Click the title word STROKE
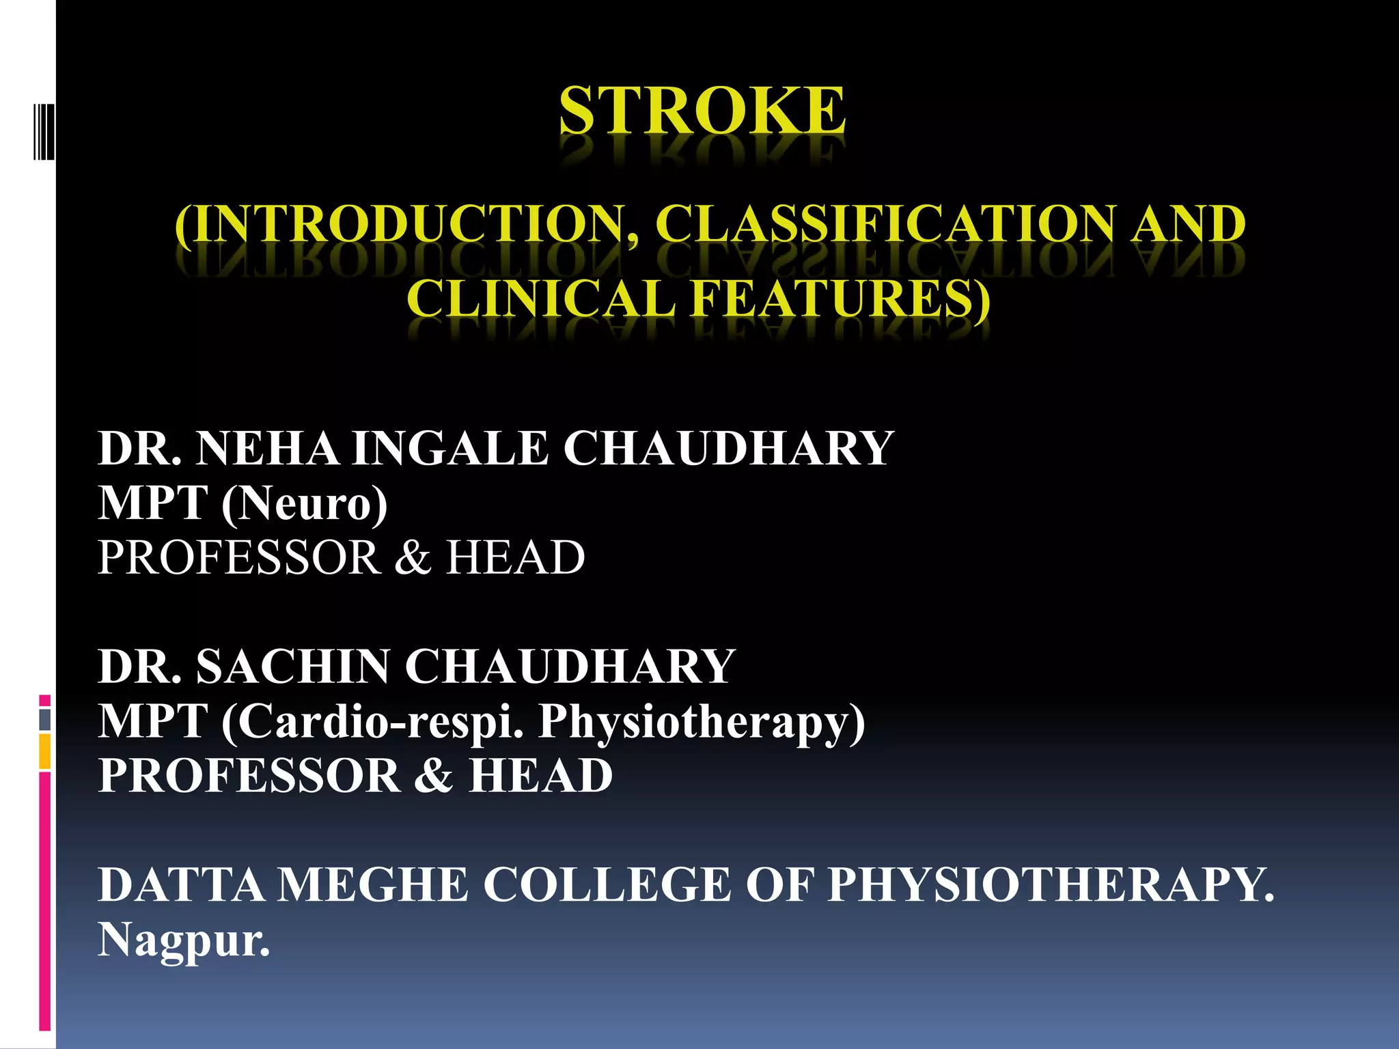tap(702, 111)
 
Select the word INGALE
tap(450, 449)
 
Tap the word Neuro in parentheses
tap(304, 503)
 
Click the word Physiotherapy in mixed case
tap(701, 721)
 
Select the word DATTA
tap(181, 885)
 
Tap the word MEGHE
tap(373, 885)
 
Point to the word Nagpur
tap(183, 940)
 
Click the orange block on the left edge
tap(44, 751)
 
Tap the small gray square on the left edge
tap(44, 720)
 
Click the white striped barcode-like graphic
tap(44, 131)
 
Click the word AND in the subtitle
tap(1188, 224)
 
